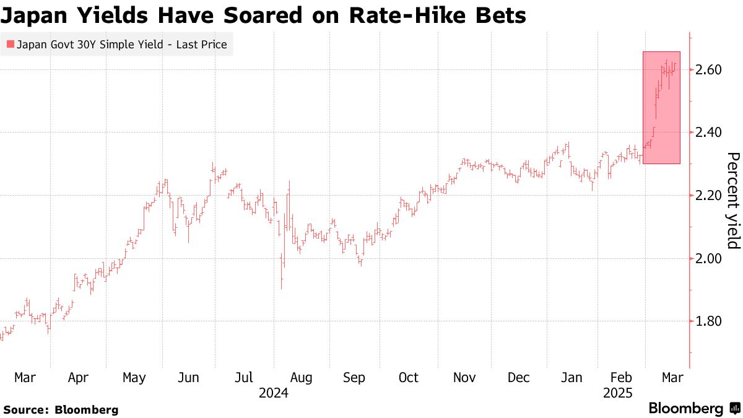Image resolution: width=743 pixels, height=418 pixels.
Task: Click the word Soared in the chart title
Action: [241, 15]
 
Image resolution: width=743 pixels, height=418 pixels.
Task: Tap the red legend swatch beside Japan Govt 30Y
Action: [10, 45]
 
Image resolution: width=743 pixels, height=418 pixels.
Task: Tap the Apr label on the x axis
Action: [78, 377]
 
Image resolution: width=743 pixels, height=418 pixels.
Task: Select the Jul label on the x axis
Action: [243, 377]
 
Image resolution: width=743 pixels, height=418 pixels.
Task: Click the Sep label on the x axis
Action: [354, 377]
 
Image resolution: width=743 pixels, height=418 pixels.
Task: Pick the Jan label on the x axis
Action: [570, 377]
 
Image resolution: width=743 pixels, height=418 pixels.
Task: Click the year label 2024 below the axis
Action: [274, 393]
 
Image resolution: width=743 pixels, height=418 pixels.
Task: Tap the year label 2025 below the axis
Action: [618, 393]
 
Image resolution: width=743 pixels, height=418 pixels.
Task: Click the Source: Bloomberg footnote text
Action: [60, 409]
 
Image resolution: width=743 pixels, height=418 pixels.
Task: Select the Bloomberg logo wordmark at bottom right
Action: [685, 408]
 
